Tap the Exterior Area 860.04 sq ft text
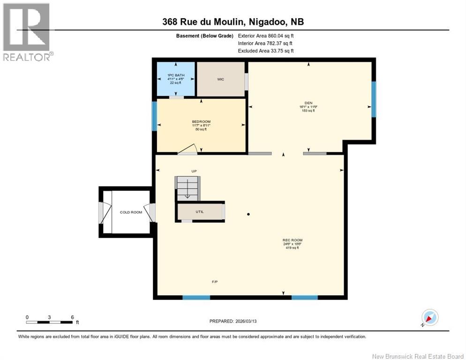point(266,36)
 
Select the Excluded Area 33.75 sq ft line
point(266,51)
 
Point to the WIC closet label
point(220,79)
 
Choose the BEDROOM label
point(201,122)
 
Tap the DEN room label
point(308,104)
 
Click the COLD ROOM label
point(131,212)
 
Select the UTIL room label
point(200,212)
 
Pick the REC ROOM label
point(289,240)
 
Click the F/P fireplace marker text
point(214,281)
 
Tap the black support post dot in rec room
point(248,214)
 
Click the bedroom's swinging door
point(188,149)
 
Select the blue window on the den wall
point(374,99)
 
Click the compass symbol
point(429,317)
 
